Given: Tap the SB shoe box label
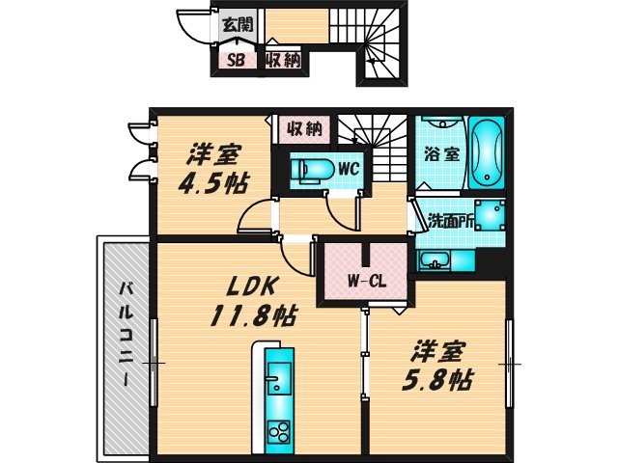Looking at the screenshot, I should coord(235,60).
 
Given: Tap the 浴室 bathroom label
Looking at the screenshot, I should coord(441,153).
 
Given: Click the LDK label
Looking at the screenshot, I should coord(253,286).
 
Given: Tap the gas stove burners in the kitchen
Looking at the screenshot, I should coord(277,430).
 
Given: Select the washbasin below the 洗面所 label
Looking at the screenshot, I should coord(434,260).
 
